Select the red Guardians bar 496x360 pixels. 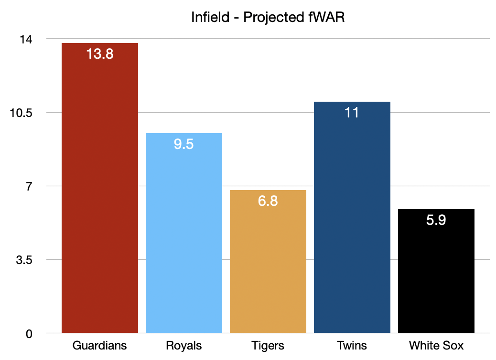pyautogui.click(x=100, y=191)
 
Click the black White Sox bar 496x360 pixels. pyautogui.click(x=436, y=277)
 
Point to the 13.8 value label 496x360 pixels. pyautogui.click(x=100, y=54)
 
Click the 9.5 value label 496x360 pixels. pyautogui.click(x=184, y=144)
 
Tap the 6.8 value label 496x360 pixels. pyautogui.click(x=268, y=201)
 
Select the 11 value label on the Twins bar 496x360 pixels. pyautogui.click(x=352, y=113)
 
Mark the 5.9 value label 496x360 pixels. pyautogui.click(x=436, y=220)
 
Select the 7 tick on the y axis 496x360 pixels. pyautogui.click(x=29, y=186)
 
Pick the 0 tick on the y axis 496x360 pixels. pyautogui.click(x=29, y=333)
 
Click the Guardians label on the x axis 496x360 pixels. pyautogui.click(x=100, y=346)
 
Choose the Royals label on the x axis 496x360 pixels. pyautogui.click(x=184, y=346)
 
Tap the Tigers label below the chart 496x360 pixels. pyautogui.click(x=268, y=346)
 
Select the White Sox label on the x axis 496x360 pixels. pyautogui.click(x=436, y=346)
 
